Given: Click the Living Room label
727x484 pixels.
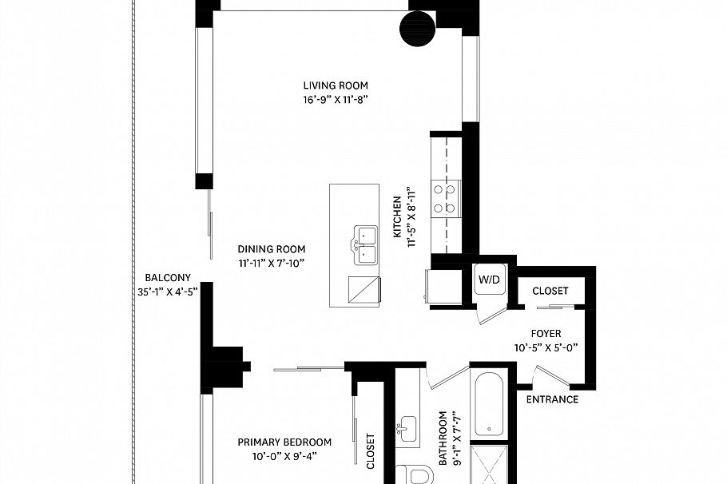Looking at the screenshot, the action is coord(336,85).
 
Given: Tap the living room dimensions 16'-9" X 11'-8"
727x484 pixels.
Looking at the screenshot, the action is coord(336,100).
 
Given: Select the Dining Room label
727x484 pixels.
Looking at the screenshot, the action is coord(272,249).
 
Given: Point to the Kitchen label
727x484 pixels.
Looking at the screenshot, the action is coord(397,217).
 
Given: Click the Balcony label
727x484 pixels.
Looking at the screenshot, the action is coord(168,278).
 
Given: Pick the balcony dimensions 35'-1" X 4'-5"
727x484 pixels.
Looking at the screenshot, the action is coord(168,292).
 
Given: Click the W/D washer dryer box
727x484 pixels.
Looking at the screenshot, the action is coord(490,279).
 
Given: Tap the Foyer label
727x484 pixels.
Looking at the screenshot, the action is coord(546,333).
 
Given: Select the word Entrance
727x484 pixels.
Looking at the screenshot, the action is coord(552,399).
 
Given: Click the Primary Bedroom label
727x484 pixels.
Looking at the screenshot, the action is coord(284,442).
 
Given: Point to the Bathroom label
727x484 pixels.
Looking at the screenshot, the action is coord(443,438).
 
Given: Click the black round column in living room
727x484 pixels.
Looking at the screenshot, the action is coord(417,29).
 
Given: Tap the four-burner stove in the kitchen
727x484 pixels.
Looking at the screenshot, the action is coord(446,198).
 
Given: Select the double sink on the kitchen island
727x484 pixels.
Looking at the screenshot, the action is coord(365,244).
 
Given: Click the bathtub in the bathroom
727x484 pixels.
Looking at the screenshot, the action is coord(489,404).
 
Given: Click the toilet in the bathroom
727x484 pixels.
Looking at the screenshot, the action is coord(417,475).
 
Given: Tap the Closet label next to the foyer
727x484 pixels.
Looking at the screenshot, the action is coord(550,291).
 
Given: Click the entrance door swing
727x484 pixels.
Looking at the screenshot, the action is coord(553,375).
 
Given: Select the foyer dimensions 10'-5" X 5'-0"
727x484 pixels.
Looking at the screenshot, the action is coord(546,347).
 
